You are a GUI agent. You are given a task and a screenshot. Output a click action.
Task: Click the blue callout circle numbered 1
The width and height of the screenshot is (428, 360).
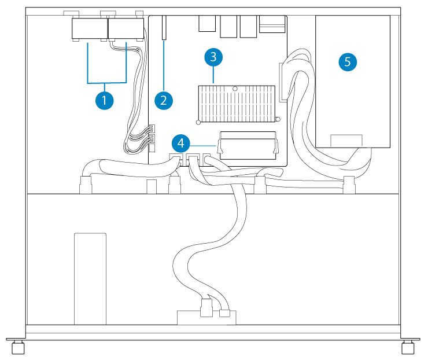(x=104, y=100)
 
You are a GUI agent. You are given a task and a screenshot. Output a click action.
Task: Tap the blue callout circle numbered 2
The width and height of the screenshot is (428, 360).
(x=164, y=100)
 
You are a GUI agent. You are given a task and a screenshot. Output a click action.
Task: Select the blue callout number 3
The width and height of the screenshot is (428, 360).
(x=213, y=57)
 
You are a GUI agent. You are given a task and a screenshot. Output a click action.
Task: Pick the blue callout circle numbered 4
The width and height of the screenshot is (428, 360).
(x=182, y=142)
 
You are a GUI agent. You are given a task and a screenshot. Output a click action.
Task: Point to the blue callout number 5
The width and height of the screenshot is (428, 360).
(x=347, y=62)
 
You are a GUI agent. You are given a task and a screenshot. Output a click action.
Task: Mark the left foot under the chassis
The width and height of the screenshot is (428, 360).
(x=18, y=347)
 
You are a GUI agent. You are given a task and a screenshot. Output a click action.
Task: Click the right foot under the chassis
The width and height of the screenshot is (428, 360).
(x=408, y=347)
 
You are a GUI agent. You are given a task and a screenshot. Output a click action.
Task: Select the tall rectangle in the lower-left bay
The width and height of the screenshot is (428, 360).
(x=90, y=278)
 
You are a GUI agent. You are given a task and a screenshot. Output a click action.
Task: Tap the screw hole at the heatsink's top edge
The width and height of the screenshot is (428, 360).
(x=236, y=88)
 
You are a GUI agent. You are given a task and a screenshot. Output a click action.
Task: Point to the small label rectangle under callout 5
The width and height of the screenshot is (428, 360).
(x=346, y=141)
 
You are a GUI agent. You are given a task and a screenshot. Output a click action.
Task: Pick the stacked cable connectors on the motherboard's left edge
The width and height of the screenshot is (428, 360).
(x=152, y=137)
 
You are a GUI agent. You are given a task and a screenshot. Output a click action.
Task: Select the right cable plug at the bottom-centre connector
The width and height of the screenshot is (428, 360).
(x=224, y=314)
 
